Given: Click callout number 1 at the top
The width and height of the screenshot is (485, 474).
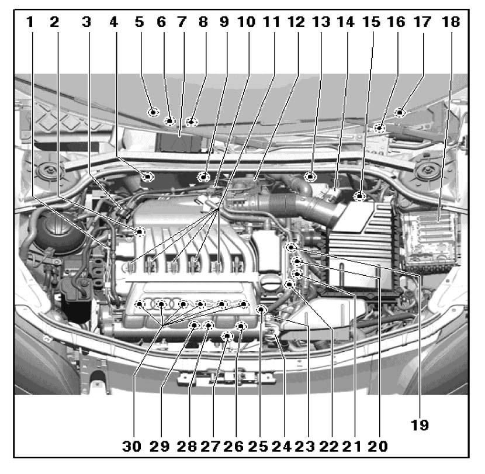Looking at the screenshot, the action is (30, 22).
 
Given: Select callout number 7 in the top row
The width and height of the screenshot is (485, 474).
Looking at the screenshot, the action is (182, 22).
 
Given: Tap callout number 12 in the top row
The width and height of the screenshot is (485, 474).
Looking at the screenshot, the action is (296, 22).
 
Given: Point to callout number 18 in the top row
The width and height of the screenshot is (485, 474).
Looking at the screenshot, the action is (451, 22).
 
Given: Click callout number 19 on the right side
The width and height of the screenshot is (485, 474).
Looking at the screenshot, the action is (420, 425).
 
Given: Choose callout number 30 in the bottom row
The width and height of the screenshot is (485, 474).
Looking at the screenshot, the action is (131, 446).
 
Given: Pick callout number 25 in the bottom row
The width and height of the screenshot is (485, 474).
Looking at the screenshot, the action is (258, 446).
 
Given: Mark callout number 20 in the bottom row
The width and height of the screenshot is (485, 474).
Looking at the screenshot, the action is (377, 446).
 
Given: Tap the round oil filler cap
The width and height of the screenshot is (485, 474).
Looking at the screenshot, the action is (271, 283).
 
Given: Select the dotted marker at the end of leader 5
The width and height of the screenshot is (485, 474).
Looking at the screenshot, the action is (153, 112).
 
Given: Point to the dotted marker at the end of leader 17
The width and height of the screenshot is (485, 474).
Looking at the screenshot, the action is (400, 112).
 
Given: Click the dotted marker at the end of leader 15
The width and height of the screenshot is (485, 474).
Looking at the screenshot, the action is (360, 196).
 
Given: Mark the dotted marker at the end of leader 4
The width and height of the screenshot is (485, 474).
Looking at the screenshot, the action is (148, 177).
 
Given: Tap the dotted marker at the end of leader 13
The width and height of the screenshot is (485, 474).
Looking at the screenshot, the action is (310, 177).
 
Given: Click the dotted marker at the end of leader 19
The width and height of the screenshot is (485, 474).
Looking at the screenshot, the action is (291, 247).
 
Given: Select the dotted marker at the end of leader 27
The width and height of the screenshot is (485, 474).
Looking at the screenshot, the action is (228, 336).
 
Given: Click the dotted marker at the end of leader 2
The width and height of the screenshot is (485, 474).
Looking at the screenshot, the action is (140, 231).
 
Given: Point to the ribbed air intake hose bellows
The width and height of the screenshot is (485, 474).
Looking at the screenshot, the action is (282, 204).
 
